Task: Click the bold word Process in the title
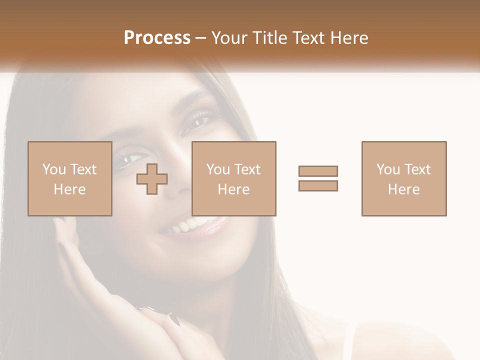157,38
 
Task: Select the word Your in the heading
230,38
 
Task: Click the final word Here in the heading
348,38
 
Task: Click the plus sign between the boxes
152,179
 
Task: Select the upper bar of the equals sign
318,171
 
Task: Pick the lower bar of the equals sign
318,185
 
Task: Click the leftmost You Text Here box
69,179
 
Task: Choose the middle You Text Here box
234,179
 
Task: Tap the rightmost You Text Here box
404,179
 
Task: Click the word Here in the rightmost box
404,189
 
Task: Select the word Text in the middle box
247,169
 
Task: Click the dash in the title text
200,38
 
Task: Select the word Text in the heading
308,38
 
